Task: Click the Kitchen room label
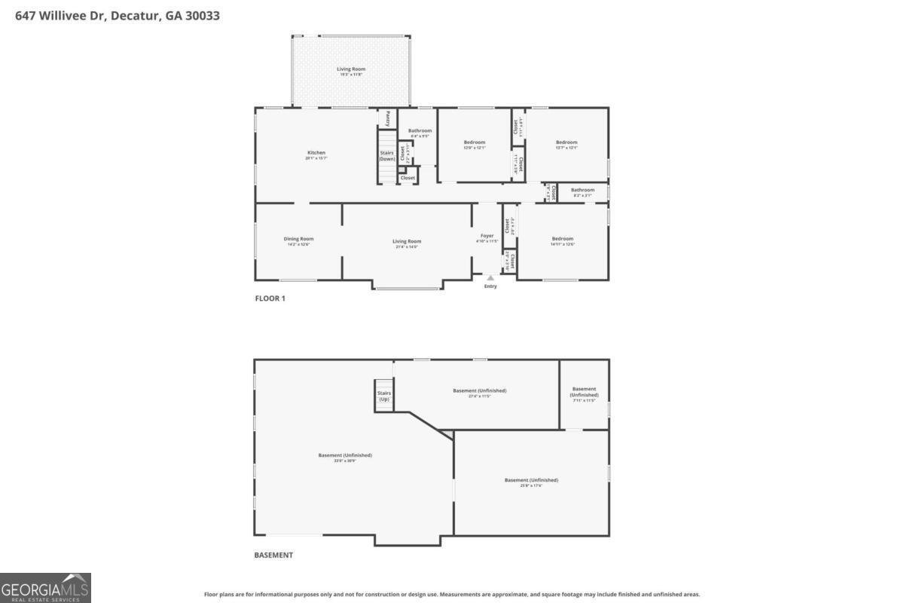point(316,153)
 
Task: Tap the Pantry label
point(388,118)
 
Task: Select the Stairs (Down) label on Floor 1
point(387,156)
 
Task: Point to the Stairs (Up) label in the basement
point(384,396)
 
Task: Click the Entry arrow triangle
point(490,278)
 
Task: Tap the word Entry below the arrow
point(490,286)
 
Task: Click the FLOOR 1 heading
point(270,298)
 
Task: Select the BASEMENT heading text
point(273,556)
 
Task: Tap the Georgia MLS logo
point(45,588)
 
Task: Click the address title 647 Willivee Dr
point(118,15)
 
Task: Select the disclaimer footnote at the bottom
point(452,594)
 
